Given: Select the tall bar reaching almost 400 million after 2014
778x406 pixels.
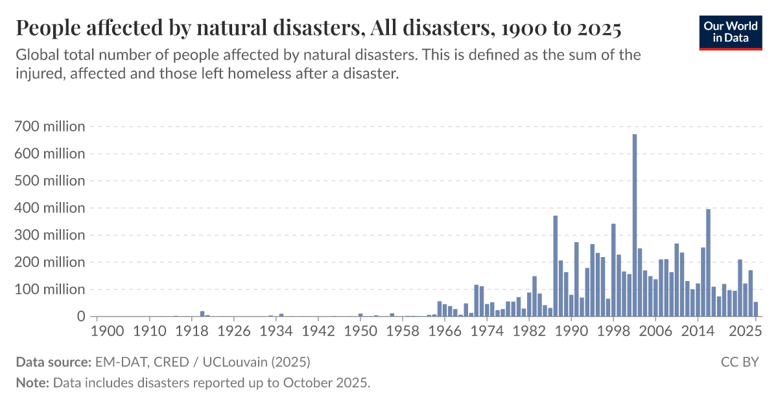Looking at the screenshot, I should (709, 263).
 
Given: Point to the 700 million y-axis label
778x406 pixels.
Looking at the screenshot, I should (49, 127).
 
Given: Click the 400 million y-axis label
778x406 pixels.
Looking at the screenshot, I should (49, 209).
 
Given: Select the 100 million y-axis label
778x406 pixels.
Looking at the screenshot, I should (49, 290).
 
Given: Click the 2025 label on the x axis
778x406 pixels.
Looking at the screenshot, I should (746, 331).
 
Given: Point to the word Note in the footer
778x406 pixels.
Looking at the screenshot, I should (31, 383).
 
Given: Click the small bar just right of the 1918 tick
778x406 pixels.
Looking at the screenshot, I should (202, 314).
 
